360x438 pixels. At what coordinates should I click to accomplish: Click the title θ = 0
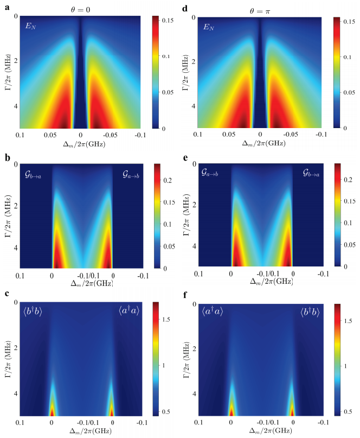click(x=81, y=9)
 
